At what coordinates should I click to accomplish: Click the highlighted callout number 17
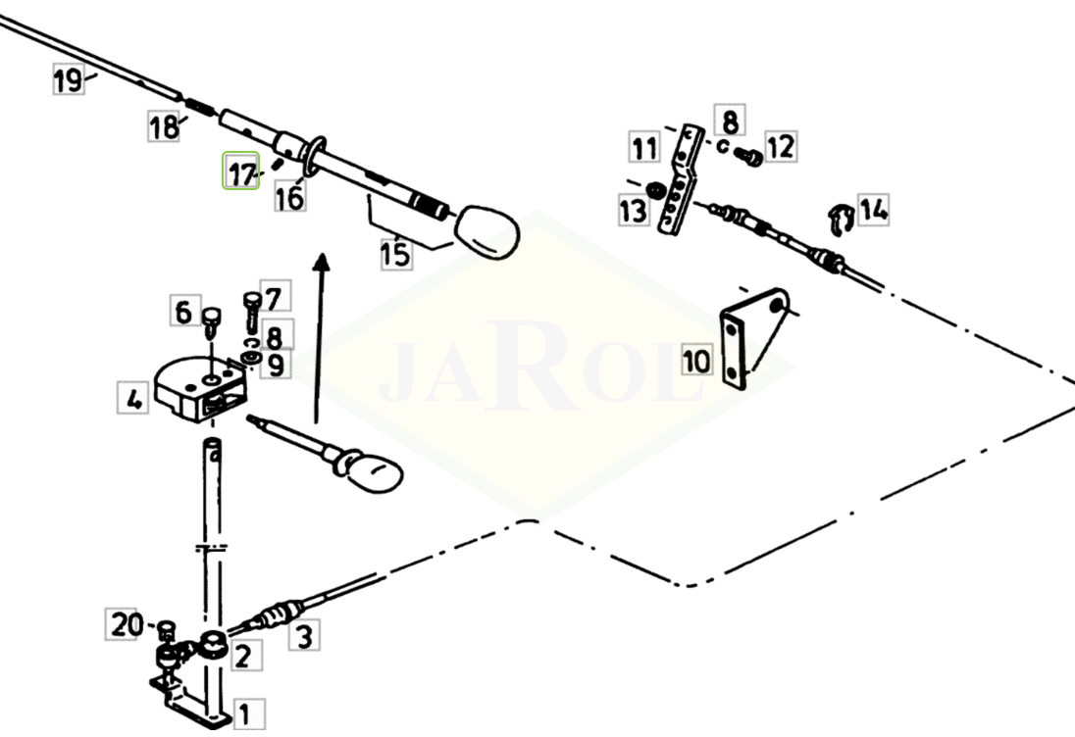coord(240,171)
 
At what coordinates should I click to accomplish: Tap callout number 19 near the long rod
coord(69,78)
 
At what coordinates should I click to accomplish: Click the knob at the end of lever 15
coord(487,231)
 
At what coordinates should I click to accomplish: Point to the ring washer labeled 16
coord(312,156)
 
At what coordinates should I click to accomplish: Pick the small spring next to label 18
coord(199,108)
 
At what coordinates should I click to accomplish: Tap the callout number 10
coord(696,360)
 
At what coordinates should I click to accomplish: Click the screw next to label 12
coord(749,157)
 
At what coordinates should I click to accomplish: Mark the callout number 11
coord(644,147)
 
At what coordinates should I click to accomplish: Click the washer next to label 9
coord(249,358)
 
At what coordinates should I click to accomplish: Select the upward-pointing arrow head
coord(321,263)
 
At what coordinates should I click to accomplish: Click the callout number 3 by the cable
coord(304,635)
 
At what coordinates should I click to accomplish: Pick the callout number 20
coord(125,624)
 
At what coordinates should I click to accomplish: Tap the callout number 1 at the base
coord(248,714)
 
